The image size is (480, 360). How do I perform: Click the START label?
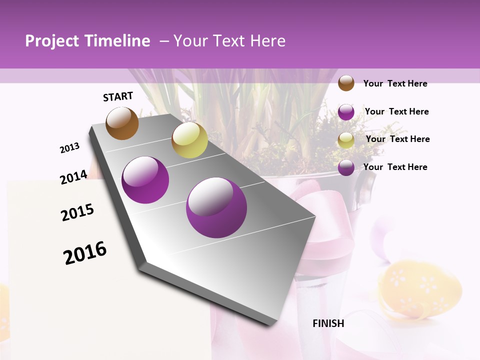coord(118,96)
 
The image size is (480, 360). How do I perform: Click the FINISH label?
coord(328,323)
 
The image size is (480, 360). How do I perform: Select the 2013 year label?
coord(70,148)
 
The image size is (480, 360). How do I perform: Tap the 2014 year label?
coord(73,177)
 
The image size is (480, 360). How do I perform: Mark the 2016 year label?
coord(85,253)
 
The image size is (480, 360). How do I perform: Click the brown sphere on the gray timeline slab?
coord(122,123)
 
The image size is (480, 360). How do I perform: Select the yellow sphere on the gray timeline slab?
coord(189,140)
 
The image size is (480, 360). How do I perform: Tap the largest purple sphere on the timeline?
coord(216,207)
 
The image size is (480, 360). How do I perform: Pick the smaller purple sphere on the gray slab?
coord(145,179)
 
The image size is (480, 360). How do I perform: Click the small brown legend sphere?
coord(346,83)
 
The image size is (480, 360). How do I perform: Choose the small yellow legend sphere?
coord(346,140)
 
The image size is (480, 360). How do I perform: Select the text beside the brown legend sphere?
coord(395,83)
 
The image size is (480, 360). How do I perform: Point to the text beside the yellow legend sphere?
coord(397,139)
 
